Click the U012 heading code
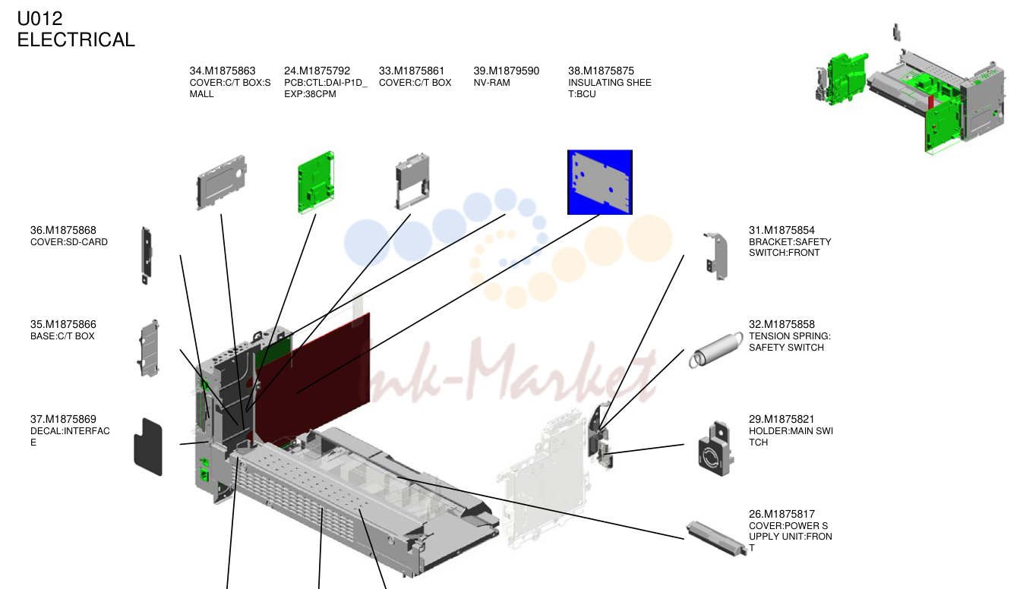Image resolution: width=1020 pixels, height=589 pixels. (x=39, y=19)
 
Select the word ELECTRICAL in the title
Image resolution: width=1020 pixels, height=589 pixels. (x=76, y=39)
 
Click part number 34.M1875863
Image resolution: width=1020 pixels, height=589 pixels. (x=223, y=71)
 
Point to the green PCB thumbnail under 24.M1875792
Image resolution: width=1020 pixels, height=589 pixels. (x=316, y=182)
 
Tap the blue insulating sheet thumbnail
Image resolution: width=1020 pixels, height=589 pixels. (x=600, y=182)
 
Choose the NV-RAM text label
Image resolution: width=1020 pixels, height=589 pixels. (x=492, y=83)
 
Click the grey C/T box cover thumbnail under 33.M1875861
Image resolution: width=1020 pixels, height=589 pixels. (x=412, y=182)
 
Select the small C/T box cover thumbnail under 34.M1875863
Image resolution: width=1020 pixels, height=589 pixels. (x=221, y=182)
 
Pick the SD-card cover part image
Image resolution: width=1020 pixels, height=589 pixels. (x=146, y=255)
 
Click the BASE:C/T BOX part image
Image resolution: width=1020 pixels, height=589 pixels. (x=148, y=348)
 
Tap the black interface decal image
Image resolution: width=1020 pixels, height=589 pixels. (x=148, y=447)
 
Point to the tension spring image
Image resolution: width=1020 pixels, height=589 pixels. (x=715, y=350)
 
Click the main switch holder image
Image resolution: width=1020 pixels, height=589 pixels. (x=715, y=449)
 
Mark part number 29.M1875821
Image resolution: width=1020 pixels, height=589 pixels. (x=782, y=419)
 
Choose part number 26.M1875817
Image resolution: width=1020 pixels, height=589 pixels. (x=782, y=514)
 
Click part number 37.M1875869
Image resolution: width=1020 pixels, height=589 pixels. (x=63, y=419)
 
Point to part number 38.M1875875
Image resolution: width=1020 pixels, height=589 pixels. (x=601, y=71)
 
